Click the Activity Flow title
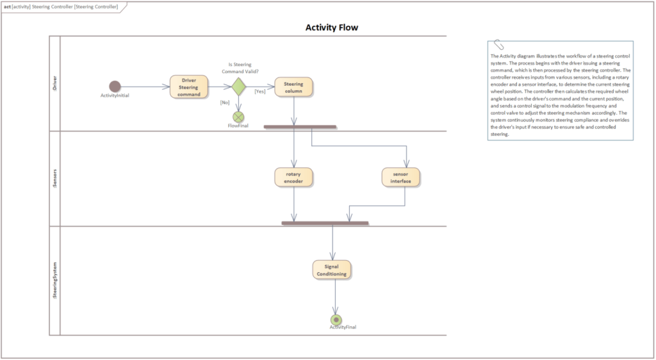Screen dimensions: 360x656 [331, 28]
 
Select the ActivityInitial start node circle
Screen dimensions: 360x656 [115, 86]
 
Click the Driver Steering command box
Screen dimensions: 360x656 [189, 87]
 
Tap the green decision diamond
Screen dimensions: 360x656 [238, 86]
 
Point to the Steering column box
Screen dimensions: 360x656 [293, 87]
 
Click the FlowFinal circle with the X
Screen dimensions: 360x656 [238, 117]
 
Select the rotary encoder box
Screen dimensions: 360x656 [293, 177]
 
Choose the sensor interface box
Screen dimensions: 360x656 [400, 177]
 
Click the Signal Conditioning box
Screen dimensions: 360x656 [332, 270]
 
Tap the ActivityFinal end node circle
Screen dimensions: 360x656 [336, 319]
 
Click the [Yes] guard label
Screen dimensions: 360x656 [260, 92]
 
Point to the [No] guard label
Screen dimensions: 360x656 [225, 102]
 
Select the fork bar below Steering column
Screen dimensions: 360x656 [299, 127]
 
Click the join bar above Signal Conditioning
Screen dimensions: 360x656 [325, 223]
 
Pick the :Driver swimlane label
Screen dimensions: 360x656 [54, 83]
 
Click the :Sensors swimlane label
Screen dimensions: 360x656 [54, 177]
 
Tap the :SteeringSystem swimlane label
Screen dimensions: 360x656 [54, 280]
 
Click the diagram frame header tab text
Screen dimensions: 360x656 [61, 6]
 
